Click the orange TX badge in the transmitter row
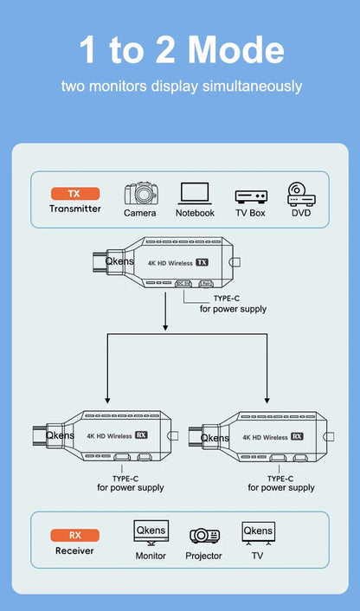(74, 194)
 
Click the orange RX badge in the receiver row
(74, 535)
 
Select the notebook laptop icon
(195, 193)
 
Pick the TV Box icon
(250, 196)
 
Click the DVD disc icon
(300, 193)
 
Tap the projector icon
(204, 536)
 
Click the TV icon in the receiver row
(257, 533)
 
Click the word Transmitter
(74, 209)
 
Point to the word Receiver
(74, 550)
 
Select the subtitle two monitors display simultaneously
(181, 87)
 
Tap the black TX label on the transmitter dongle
(202, 261)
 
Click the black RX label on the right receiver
(294, 437)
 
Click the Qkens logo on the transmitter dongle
(119, 259)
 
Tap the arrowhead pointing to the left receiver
(106, 396)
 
